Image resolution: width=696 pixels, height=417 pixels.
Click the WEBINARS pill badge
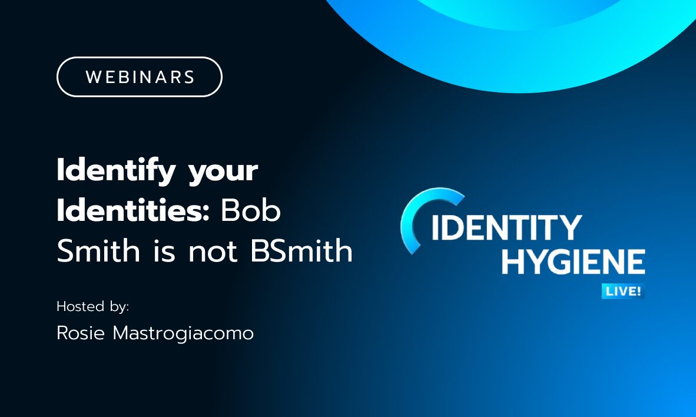(x=139, y=77)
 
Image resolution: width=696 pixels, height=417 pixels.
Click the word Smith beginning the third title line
(x=98, y=251)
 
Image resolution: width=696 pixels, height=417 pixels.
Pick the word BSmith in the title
(x=301, y=251)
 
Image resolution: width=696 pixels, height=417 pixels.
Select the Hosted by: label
(x=92, y=307)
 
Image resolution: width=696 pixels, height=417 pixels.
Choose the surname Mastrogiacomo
(x=183, y=333)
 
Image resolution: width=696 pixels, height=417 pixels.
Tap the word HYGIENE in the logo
(x=573, y=261)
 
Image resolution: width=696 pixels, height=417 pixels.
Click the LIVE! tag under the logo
(x=622, y=291)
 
